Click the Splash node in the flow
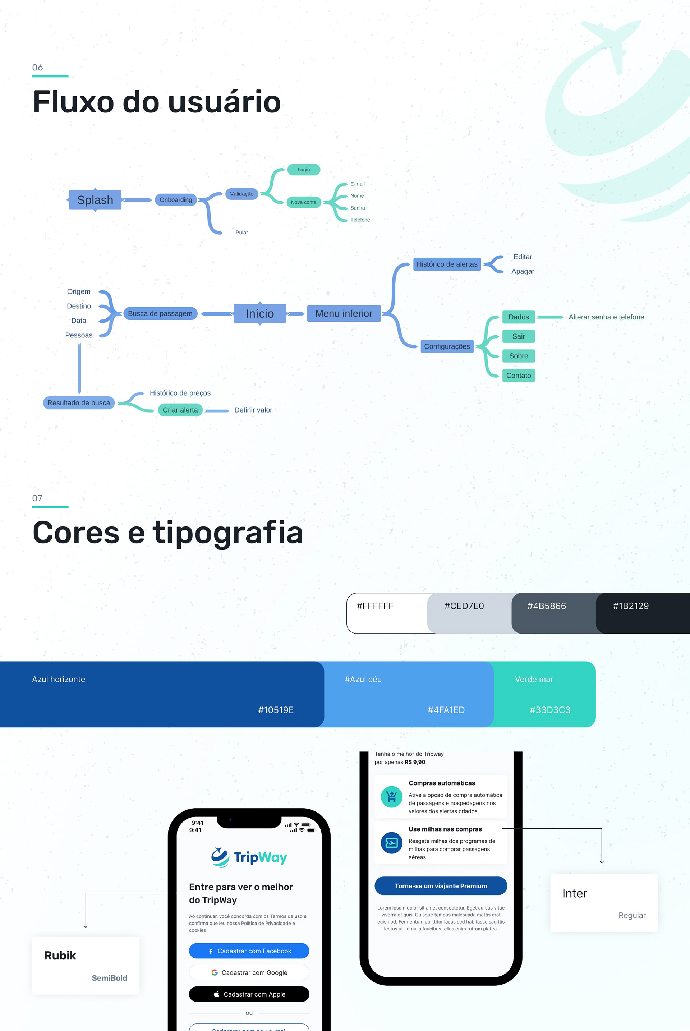click(95, 200)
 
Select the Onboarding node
click(176, 200)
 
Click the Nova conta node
click(304, 202)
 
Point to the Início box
click(259, 314)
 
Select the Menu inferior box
click(344, 314)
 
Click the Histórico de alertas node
click(447, 264)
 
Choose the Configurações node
click(447, 347)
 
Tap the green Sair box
click(518, 337)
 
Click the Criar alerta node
click(180, 410)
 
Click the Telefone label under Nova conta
click(360, 220)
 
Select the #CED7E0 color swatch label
click(464, 606)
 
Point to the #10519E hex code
click(276, 710)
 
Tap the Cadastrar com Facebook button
click(249, 951)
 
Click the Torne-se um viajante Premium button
click(441, 886)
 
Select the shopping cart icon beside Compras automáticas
click(391, 796)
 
